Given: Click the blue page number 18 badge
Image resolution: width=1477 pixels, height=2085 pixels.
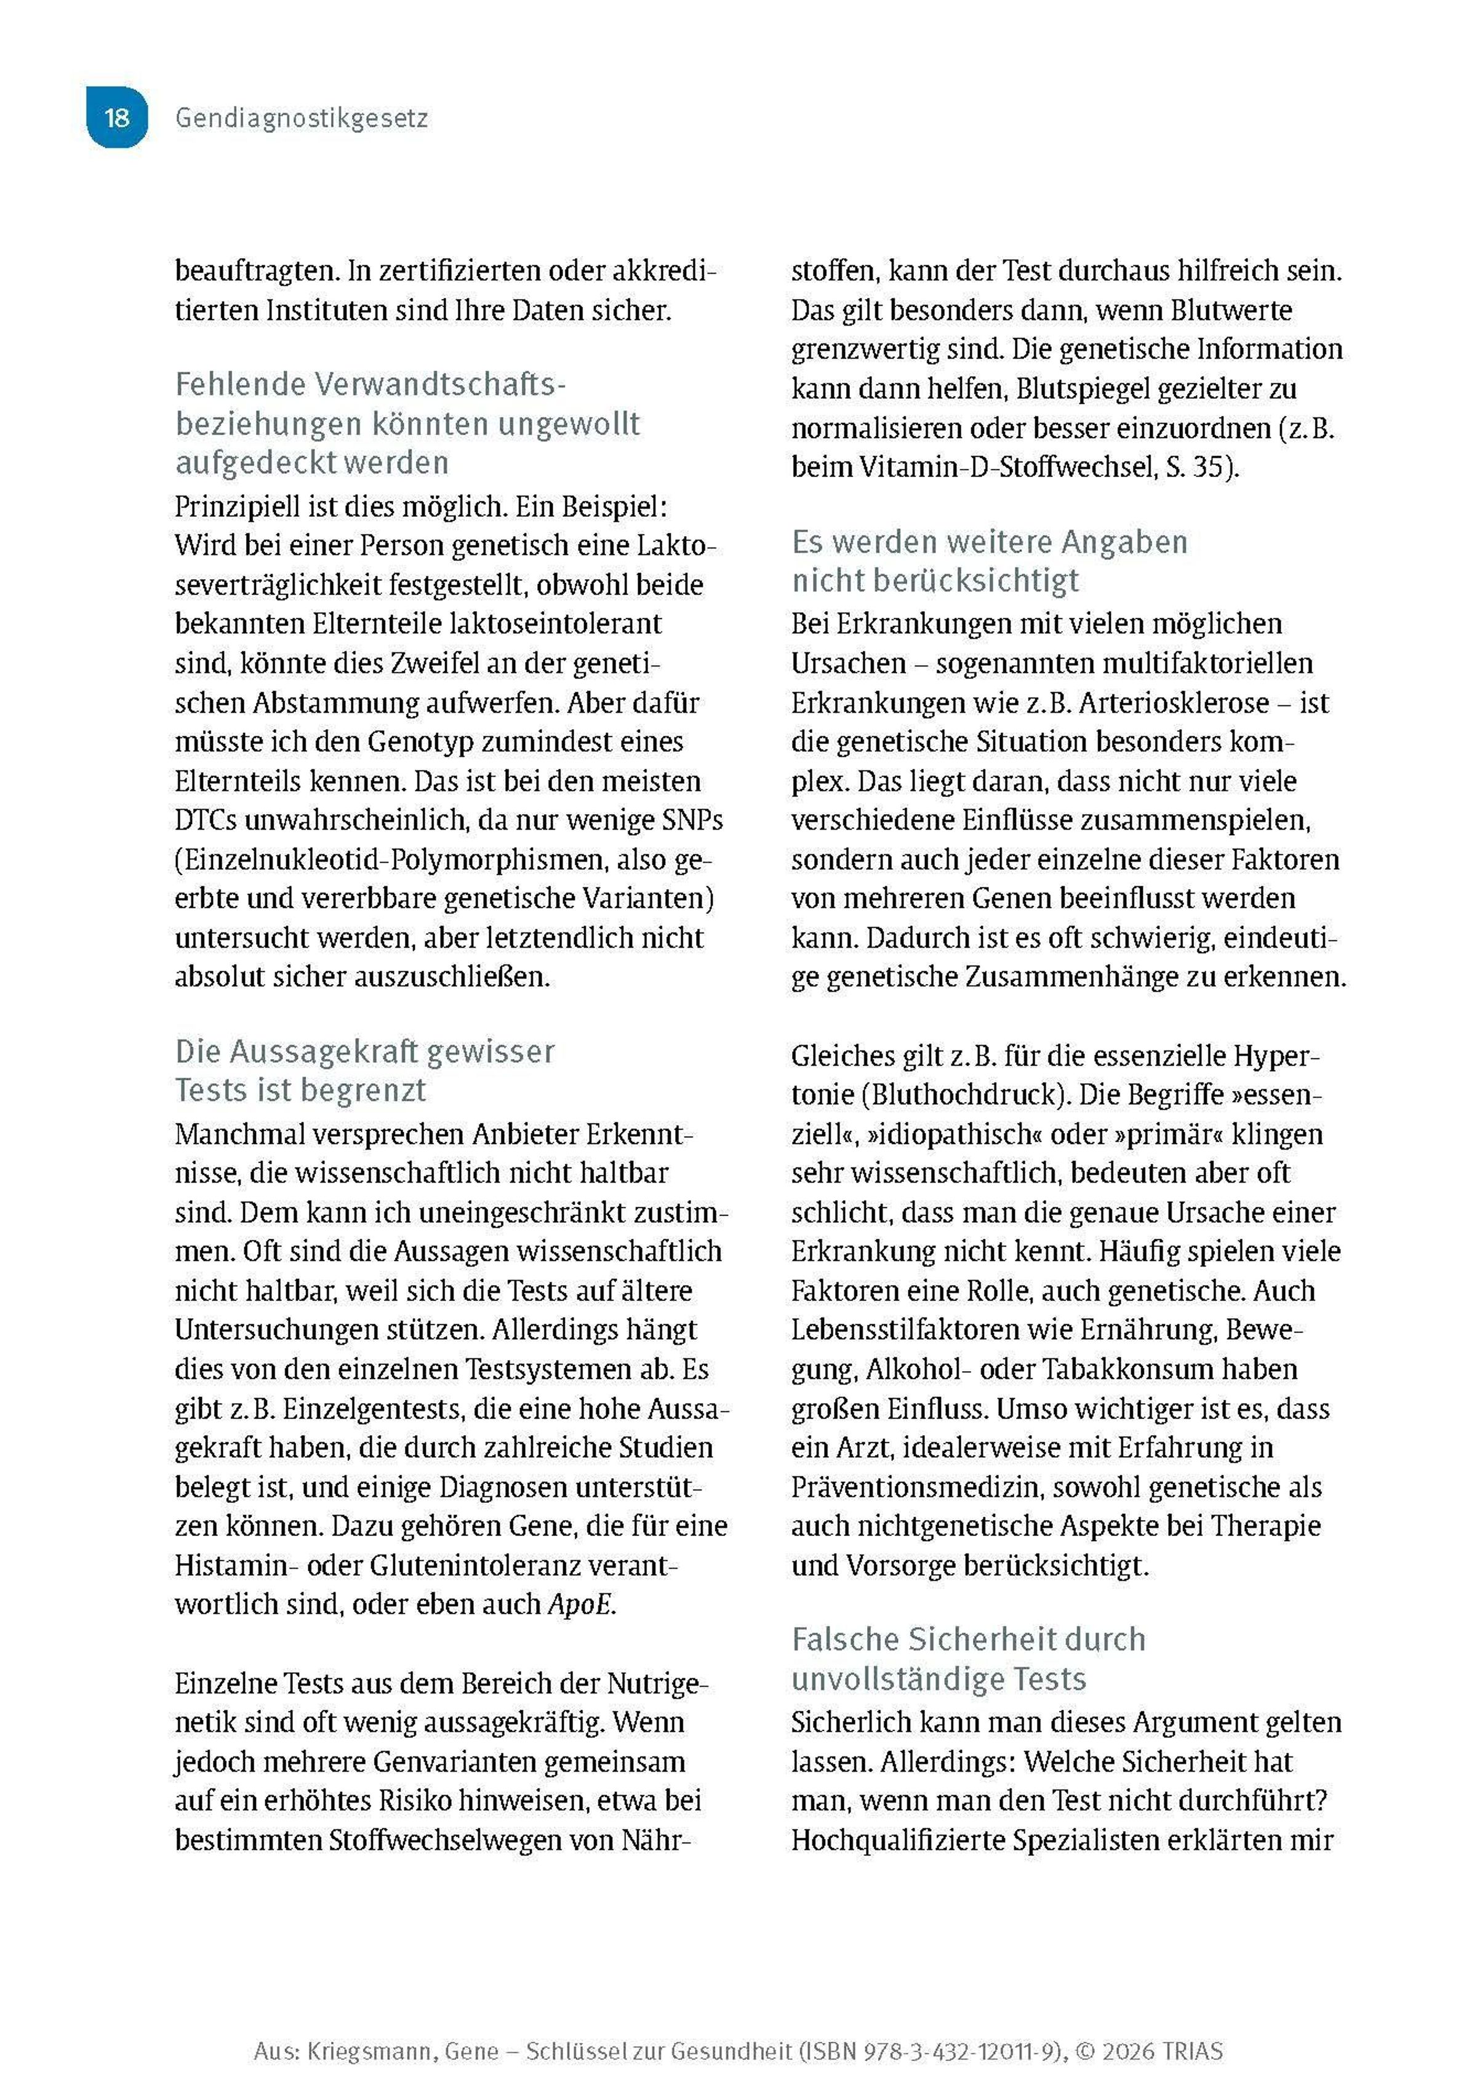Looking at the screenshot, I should coord(116,118).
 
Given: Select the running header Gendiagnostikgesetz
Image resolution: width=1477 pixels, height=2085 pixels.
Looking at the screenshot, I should coord(301,118).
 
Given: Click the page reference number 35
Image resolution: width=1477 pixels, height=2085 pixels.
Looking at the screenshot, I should coord(1212,467).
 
